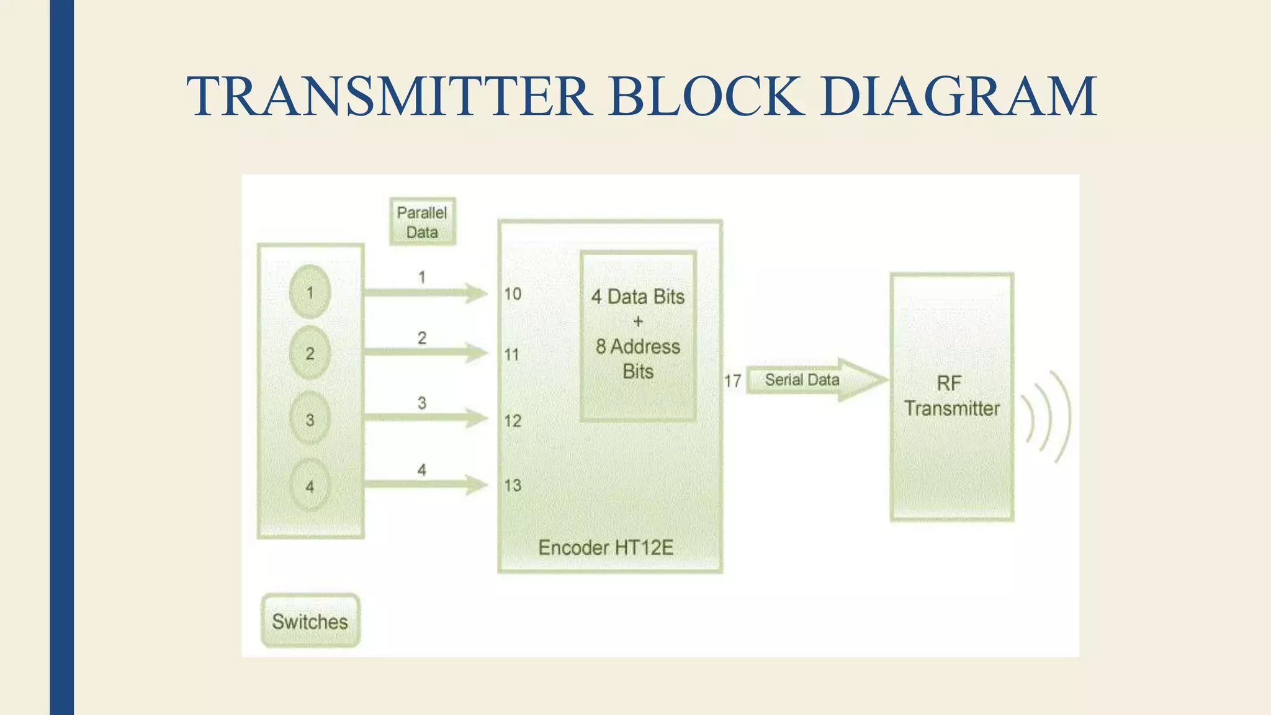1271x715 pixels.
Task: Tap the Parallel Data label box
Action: tap(422, 222)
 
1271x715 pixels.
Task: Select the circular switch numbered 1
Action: tap(310, 292)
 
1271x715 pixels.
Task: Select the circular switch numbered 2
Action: tap(310, 353)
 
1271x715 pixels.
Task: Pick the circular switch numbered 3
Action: tap(310, 420)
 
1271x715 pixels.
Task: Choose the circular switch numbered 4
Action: tap(310, 486)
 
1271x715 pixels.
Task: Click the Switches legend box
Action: tap(310, 621)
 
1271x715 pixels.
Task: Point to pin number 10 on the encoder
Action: tap(513, 294)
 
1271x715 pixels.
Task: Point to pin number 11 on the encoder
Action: tap(511, 355)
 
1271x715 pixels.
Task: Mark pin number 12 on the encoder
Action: tap(513, 421)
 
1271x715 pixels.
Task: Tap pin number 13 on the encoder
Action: tap(513, 485)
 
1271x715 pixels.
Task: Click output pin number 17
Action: tap(732, 381)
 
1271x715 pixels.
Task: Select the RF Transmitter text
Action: tap(951, 396)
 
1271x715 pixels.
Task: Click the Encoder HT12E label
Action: tap(606, 547)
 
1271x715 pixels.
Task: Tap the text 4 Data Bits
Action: tap(638, 297)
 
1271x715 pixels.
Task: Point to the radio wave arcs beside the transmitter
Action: tap(1049, 417)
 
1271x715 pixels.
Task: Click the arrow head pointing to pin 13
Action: tap(477, 484)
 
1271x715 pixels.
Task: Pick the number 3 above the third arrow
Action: tap(422, 403)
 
